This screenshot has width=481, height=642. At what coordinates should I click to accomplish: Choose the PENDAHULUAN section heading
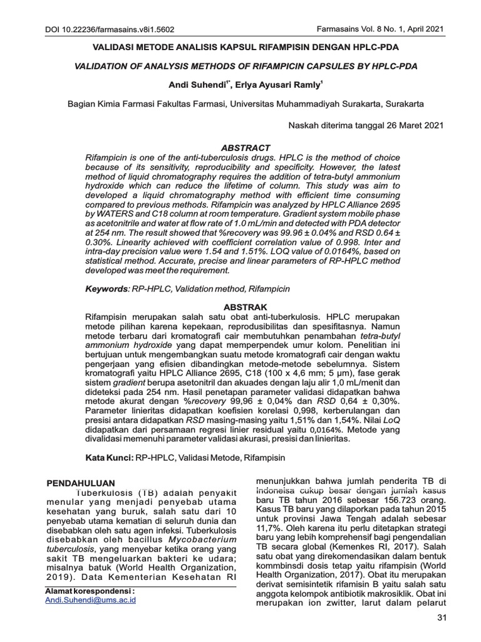point(82,483)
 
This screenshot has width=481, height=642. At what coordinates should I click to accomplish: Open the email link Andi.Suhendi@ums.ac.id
point(91,599)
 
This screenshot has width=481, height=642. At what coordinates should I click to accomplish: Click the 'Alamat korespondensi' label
point(90,591)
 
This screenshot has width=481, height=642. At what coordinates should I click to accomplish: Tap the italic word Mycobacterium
point(205,539)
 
